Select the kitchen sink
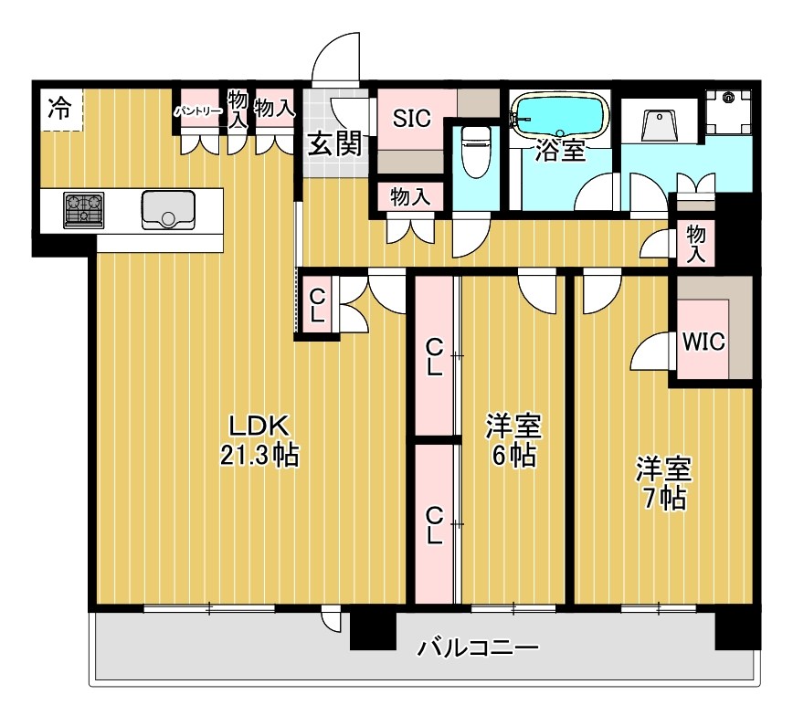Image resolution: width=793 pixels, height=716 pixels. pyautogui.click(x=168, y=209)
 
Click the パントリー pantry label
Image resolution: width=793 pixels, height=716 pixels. pyautogui.click(x=198, y=111)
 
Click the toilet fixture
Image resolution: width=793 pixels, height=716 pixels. pyautogui.click(x=475, y=151)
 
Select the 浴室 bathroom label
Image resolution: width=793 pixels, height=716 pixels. pyautogui.click(x=560, y=151)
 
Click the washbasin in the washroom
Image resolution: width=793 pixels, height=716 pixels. pyautogui.click(x=661, y=123)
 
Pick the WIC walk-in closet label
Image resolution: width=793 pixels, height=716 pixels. pyautogui.click(x=703, y=342)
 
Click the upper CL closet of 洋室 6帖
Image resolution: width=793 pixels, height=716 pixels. pyautogui.click(x=435, y=357)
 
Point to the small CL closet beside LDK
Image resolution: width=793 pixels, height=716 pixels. pyautogui.click(x=317, y=305)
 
